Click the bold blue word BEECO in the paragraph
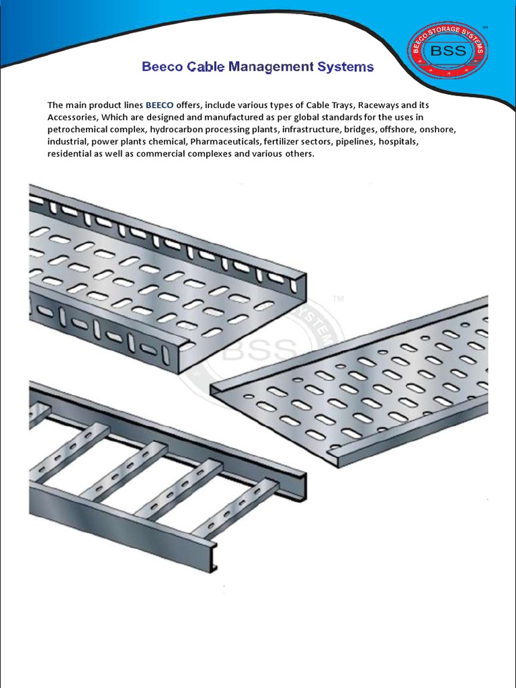coord(160,105)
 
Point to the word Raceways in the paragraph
coord(379,105)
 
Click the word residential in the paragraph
coord(71,154)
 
